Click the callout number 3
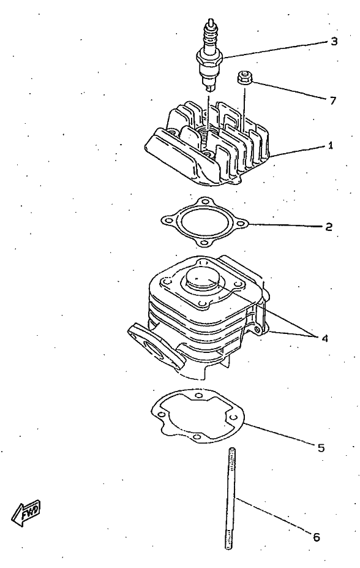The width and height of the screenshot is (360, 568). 334,41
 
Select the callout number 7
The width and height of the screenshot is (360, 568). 333,100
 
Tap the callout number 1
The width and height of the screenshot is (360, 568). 331,146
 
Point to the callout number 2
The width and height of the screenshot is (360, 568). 329,227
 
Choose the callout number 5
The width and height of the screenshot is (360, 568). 321,448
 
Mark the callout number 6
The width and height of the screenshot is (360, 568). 316,537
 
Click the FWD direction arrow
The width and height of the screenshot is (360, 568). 26,513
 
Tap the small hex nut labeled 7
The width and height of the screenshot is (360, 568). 244,77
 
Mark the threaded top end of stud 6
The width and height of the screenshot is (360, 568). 230,455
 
